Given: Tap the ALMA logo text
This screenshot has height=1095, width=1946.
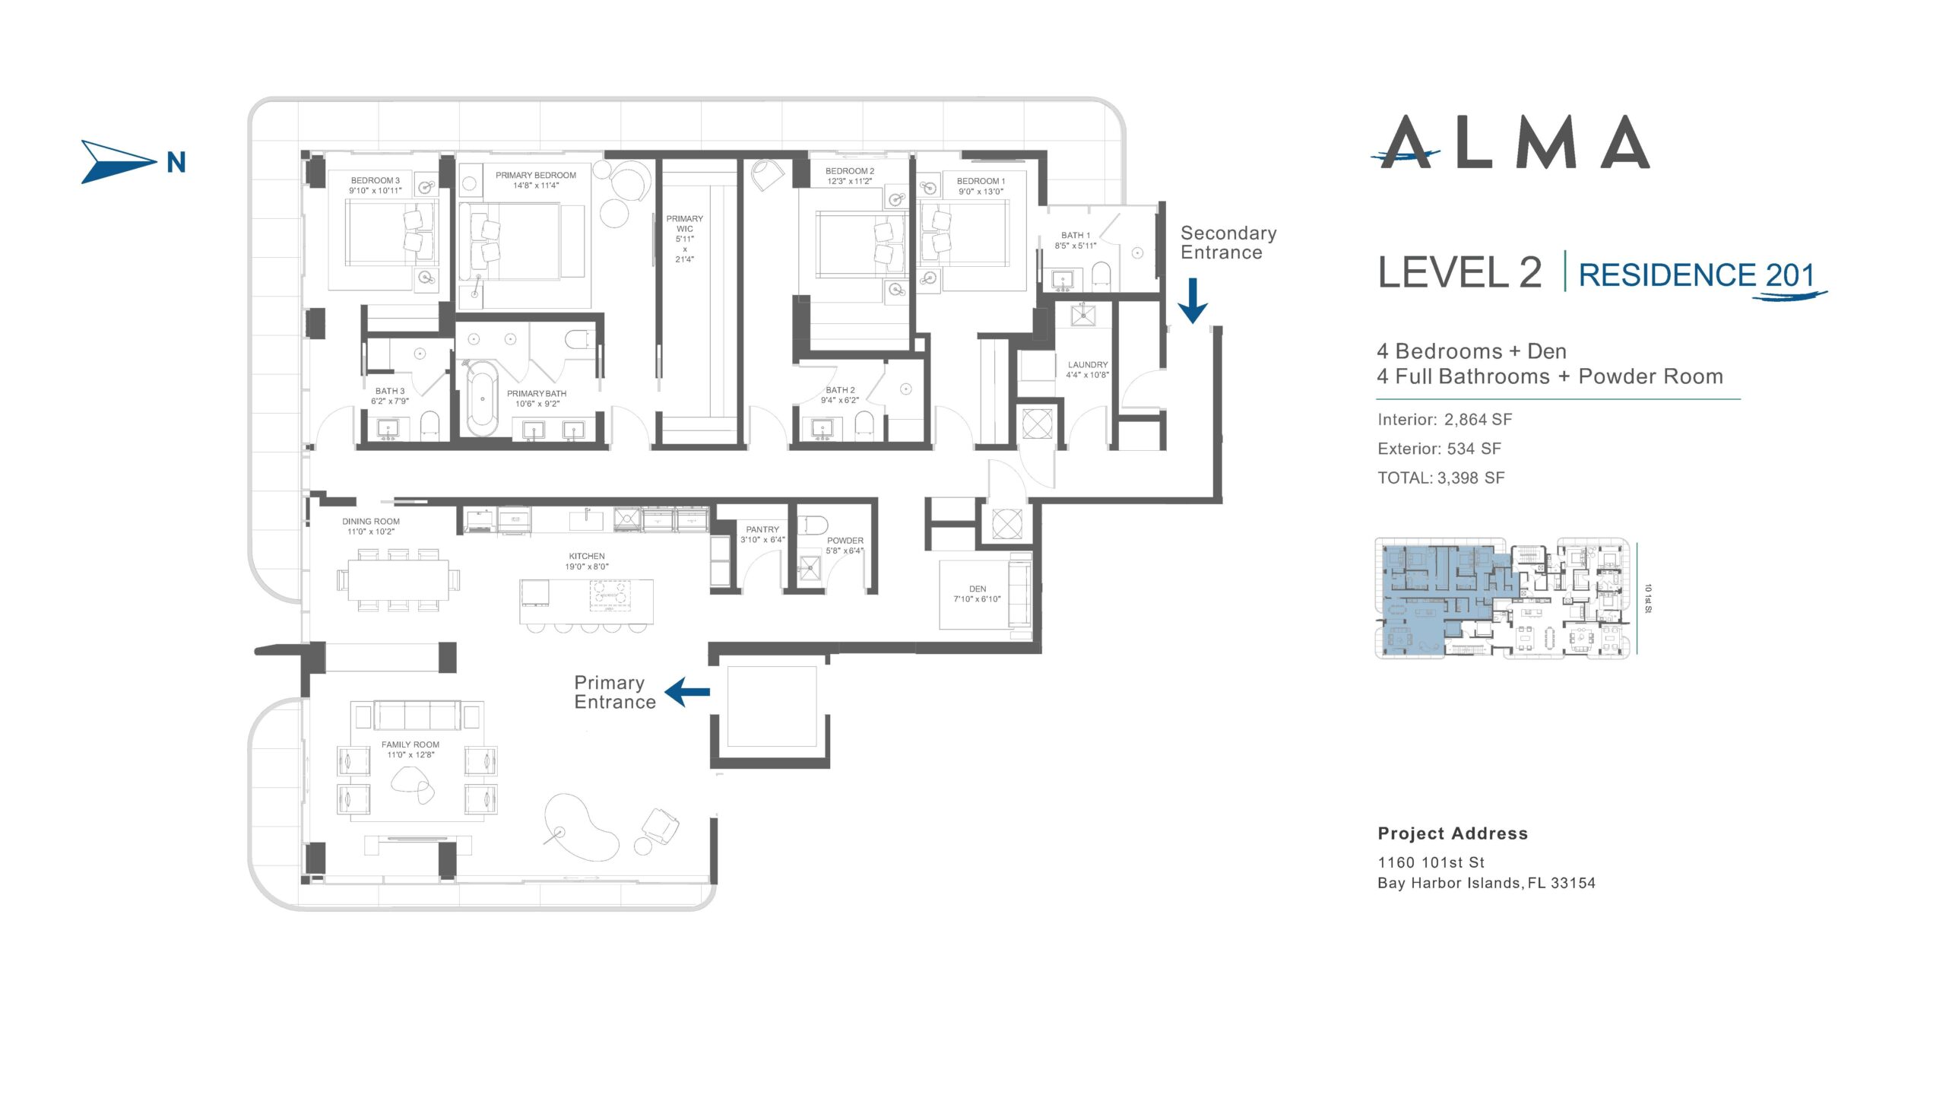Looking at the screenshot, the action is tap(1511, 142).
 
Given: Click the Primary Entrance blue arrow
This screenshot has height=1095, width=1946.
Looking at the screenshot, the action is tap(687, 692).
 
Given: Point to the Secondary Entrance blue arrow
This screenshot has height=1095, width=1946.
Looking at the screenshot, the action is tap(1193, 300).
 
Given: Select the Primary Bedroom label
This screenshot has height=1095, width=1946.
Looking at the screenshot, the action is tap(536, 180).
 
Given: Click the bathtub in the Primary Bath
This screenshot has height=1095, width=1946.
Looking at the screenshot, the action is tap(482, 398).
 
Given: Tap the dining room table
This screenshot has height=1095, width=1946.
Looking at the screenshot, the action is tap(398, 579).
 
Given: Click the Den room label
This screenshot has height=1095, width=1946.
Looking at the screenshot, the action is tap(978, 594).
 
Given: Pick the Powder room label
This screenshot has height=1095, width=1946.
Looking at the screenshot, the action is tap(845, 545).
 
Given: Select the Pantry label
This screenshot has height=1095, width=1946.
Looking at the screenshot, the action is tap(762, 535).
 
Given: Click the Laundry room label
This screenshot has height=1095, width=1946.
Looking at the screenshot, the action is tap(1088, 370).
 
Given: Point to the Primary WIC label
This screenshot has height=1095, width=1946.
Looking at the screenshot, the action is tap(685, 239).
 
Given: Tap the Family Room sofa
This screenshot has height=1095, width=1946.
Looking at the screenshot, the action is tap(417, 716).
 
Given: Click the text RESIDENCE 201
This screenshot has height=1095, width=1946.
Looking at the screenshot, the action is tap(1697, 275).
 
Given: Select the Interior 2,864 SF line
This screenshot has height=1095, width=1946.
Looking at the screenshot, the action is tap(1444, 420).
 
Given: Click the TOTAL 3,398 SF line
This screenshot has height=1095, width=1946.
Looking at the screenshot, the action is tap(1440, 478).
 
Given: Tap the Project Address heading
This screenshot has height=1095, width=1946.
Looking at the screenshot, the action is tap(1453, 833).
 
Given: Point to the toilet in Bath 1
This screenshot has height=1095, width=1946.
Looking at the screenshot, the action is tap(1101, 276).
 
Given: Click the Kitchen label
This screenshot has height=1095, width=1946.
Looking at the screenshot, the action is tap(587, 561).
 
